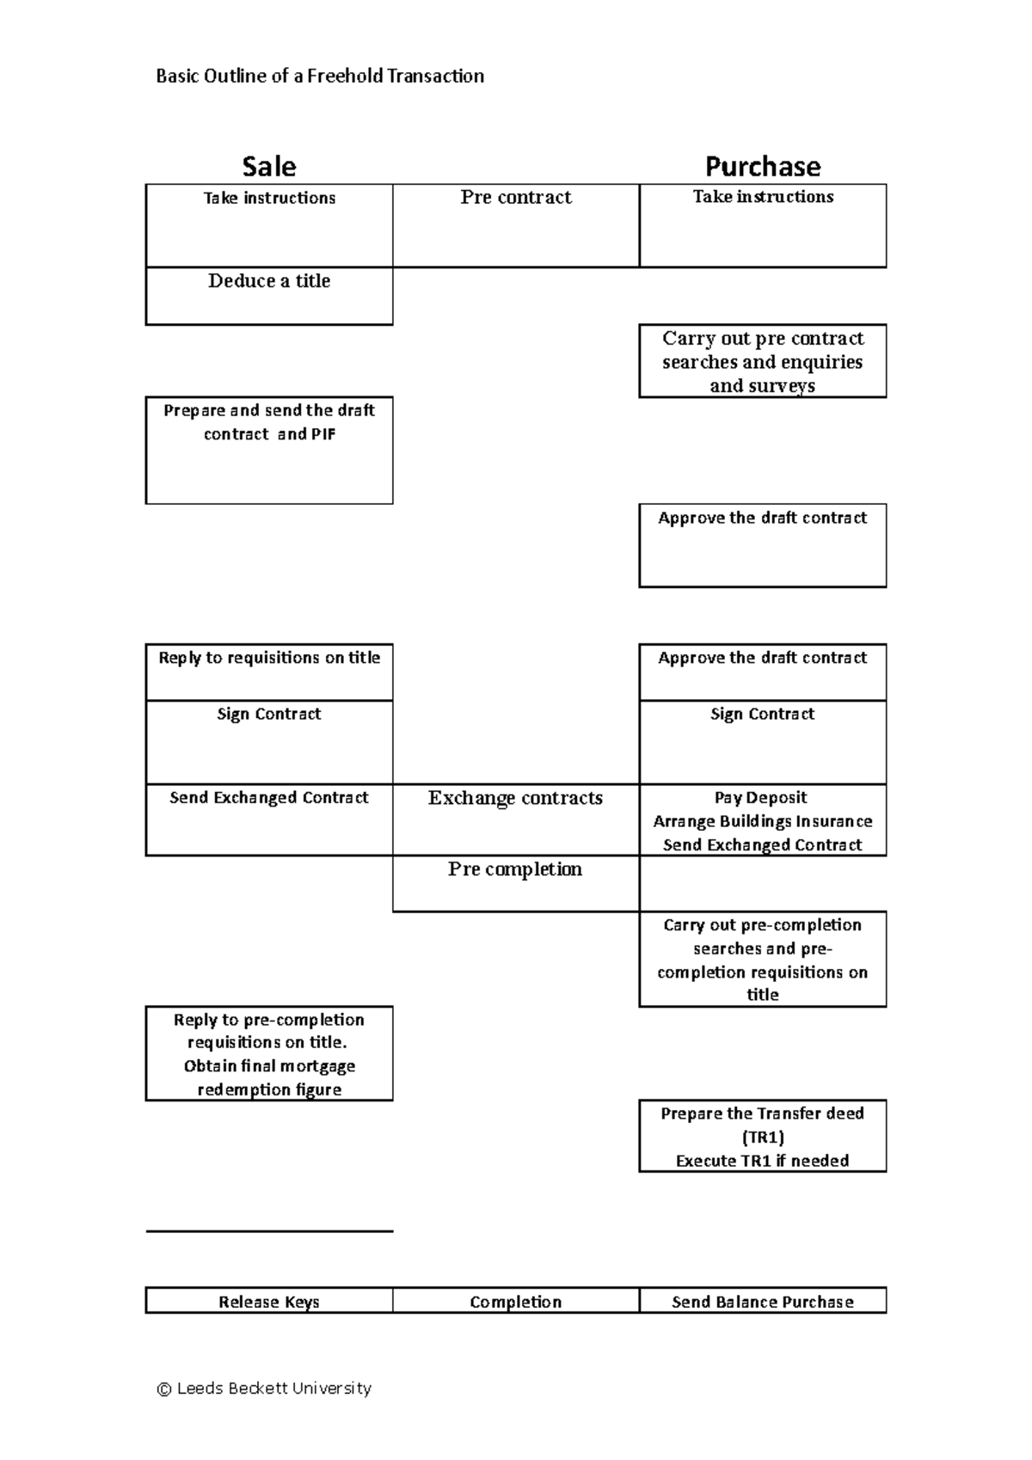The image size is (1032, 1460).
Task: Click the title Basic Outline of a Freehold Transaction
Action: coord(320,77)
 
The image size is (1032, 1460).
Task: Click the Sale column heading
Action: coord(268,166)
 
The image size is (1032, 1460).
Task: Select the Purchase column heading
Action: coord(762,166)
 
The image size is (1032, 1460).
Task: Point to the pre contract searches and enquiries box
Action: coord(762,362)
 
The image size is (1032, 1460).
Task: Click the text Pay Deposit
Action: coord(762,797)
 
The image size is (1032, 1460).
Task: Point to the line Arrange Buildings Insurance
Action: coord(762,821)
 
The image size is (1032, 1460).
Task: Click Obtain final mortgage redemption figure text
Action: coord(269,1078)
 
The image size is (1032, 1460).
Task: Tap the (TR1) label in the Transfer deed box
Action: coord(762,1138)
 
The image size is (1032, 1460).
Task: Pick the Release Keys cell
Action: coord(269,1302)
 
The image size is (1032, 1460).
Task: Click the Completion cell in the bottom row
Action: coord(516,1302)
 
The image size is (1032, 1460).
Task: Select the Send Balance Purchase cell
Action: coord(762,1302)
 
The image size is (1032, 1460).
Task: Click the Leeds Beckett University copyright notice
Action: coord(264,1389)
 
